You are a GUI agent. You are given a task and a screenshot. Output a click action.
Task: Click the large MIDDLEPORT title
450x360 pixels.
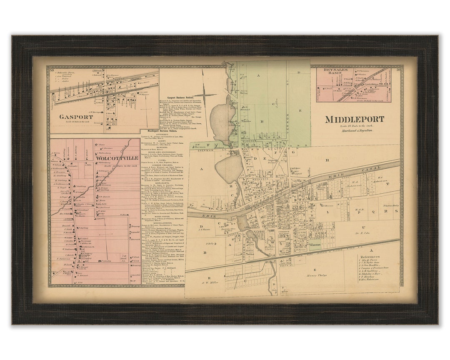354,119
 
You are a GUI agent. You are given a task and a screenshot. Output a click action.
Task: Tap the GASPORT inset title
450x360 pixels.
76,117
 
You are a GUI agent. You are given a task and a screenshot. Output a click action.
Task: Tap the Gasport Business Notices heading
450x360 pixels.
179,96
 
